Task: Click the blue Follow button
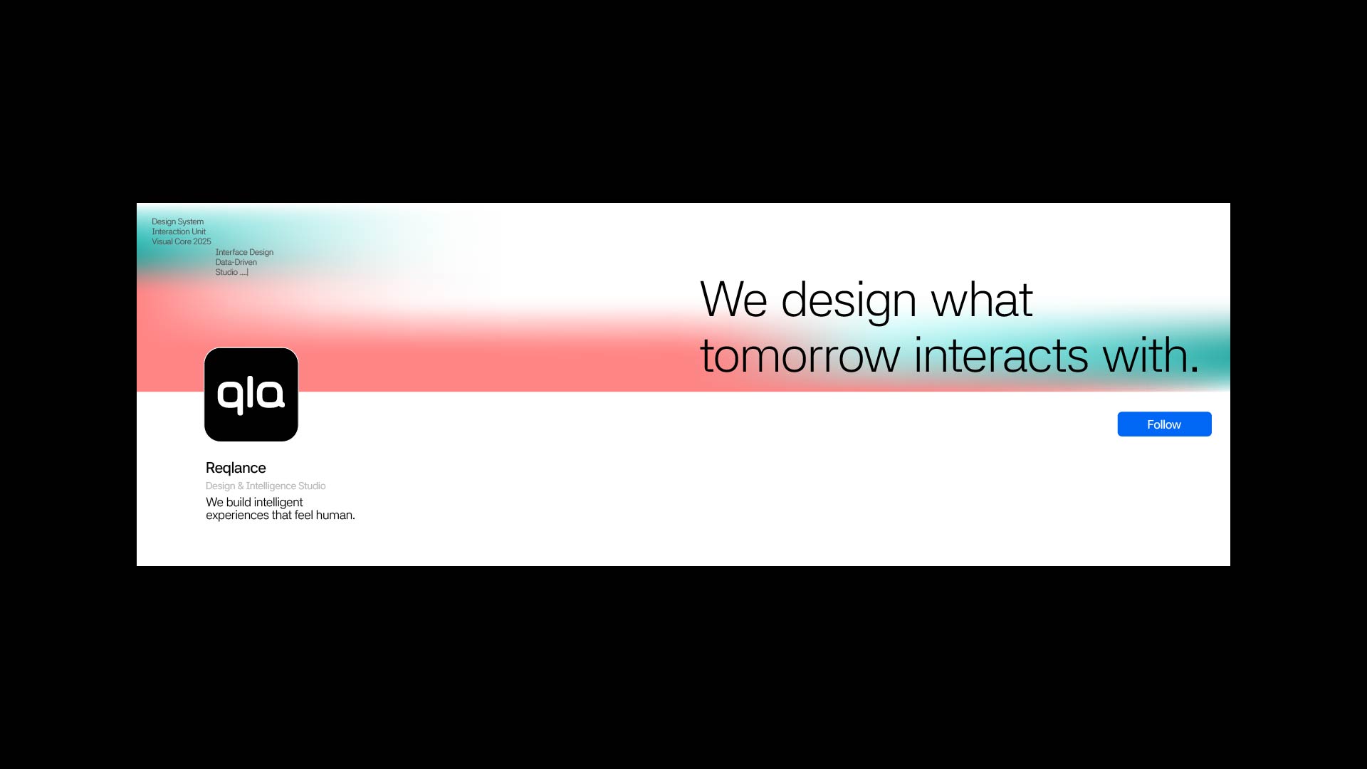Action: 1164,424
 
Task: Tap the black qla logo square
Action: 251,394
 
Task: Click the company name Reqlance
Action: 236,468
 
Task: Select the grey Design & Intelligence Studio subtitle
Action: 266,486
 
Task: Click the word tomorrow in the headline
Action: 800,356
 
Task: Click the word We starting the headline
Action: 734,300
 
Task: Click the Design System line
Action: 177,221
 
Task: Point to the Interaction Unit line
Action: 179,231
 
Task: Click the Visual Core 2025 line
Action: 182,241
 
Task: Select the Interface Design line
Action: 244,252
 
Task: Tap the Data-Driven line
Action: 236,262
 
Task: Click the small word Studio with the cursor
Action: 227,272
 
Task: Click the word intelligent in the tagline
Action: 278,502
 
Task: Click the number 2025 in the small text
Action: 202,241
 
